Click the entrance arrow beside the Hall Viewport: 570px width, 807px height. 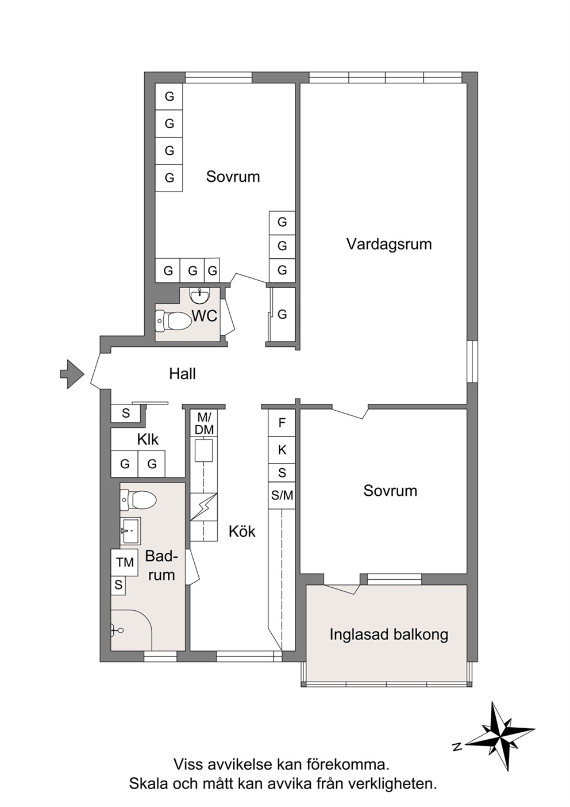pos(72,374)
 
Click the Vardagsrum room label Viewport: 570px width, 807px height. pos(389,244)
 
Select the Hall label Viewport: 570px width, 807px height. pos(183,374)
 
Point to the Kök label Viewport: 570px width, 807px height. pos(242,531)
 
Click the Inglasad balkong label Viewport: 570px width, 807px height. pos(388,634)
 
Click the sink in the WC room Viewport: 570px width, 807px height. pos(199,296)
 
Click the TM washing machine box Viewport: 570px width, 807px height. pos(125,562)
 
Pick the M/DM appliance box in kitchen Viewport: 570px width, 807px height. pos(206,424)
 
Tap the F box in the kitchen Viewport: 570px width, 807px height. pos(282,423)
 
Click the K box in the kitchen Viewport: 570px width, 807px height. pos(282,450)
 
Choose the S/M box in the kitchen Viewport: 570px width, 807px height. pos(282,495)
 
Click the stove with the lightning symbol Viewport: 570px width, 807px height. pos(203,507)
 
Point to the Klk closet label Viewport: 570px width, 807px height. pos(148,439)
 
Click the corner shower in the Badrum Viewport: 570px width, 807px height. pos(132,630)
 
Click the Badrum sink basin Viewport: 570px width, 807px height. pos(130,530)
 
